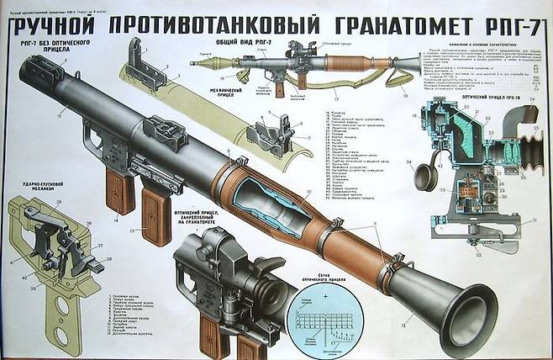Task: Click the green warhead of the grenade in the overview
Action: [219, 60]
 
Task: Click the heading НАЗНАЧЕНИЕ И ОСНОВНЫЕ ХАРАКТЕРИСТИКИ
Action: [474, 40]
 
